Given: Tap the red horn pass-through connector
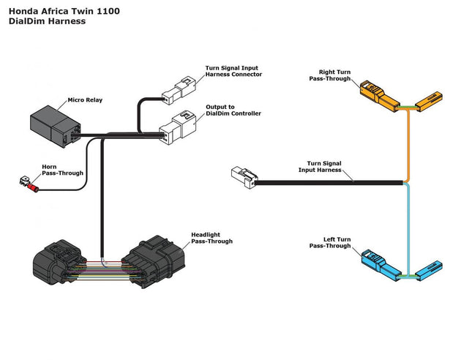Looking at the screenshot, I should [31, 185].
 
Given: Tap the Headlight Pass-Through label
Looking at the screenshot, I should [212, 239].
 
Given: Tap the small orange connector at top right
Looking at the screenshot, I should [430, 100].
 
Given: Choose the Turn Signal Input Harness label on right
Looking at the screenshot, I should [324, 167].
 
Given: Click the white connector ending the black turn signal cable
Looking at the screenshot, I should [243, 176].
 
